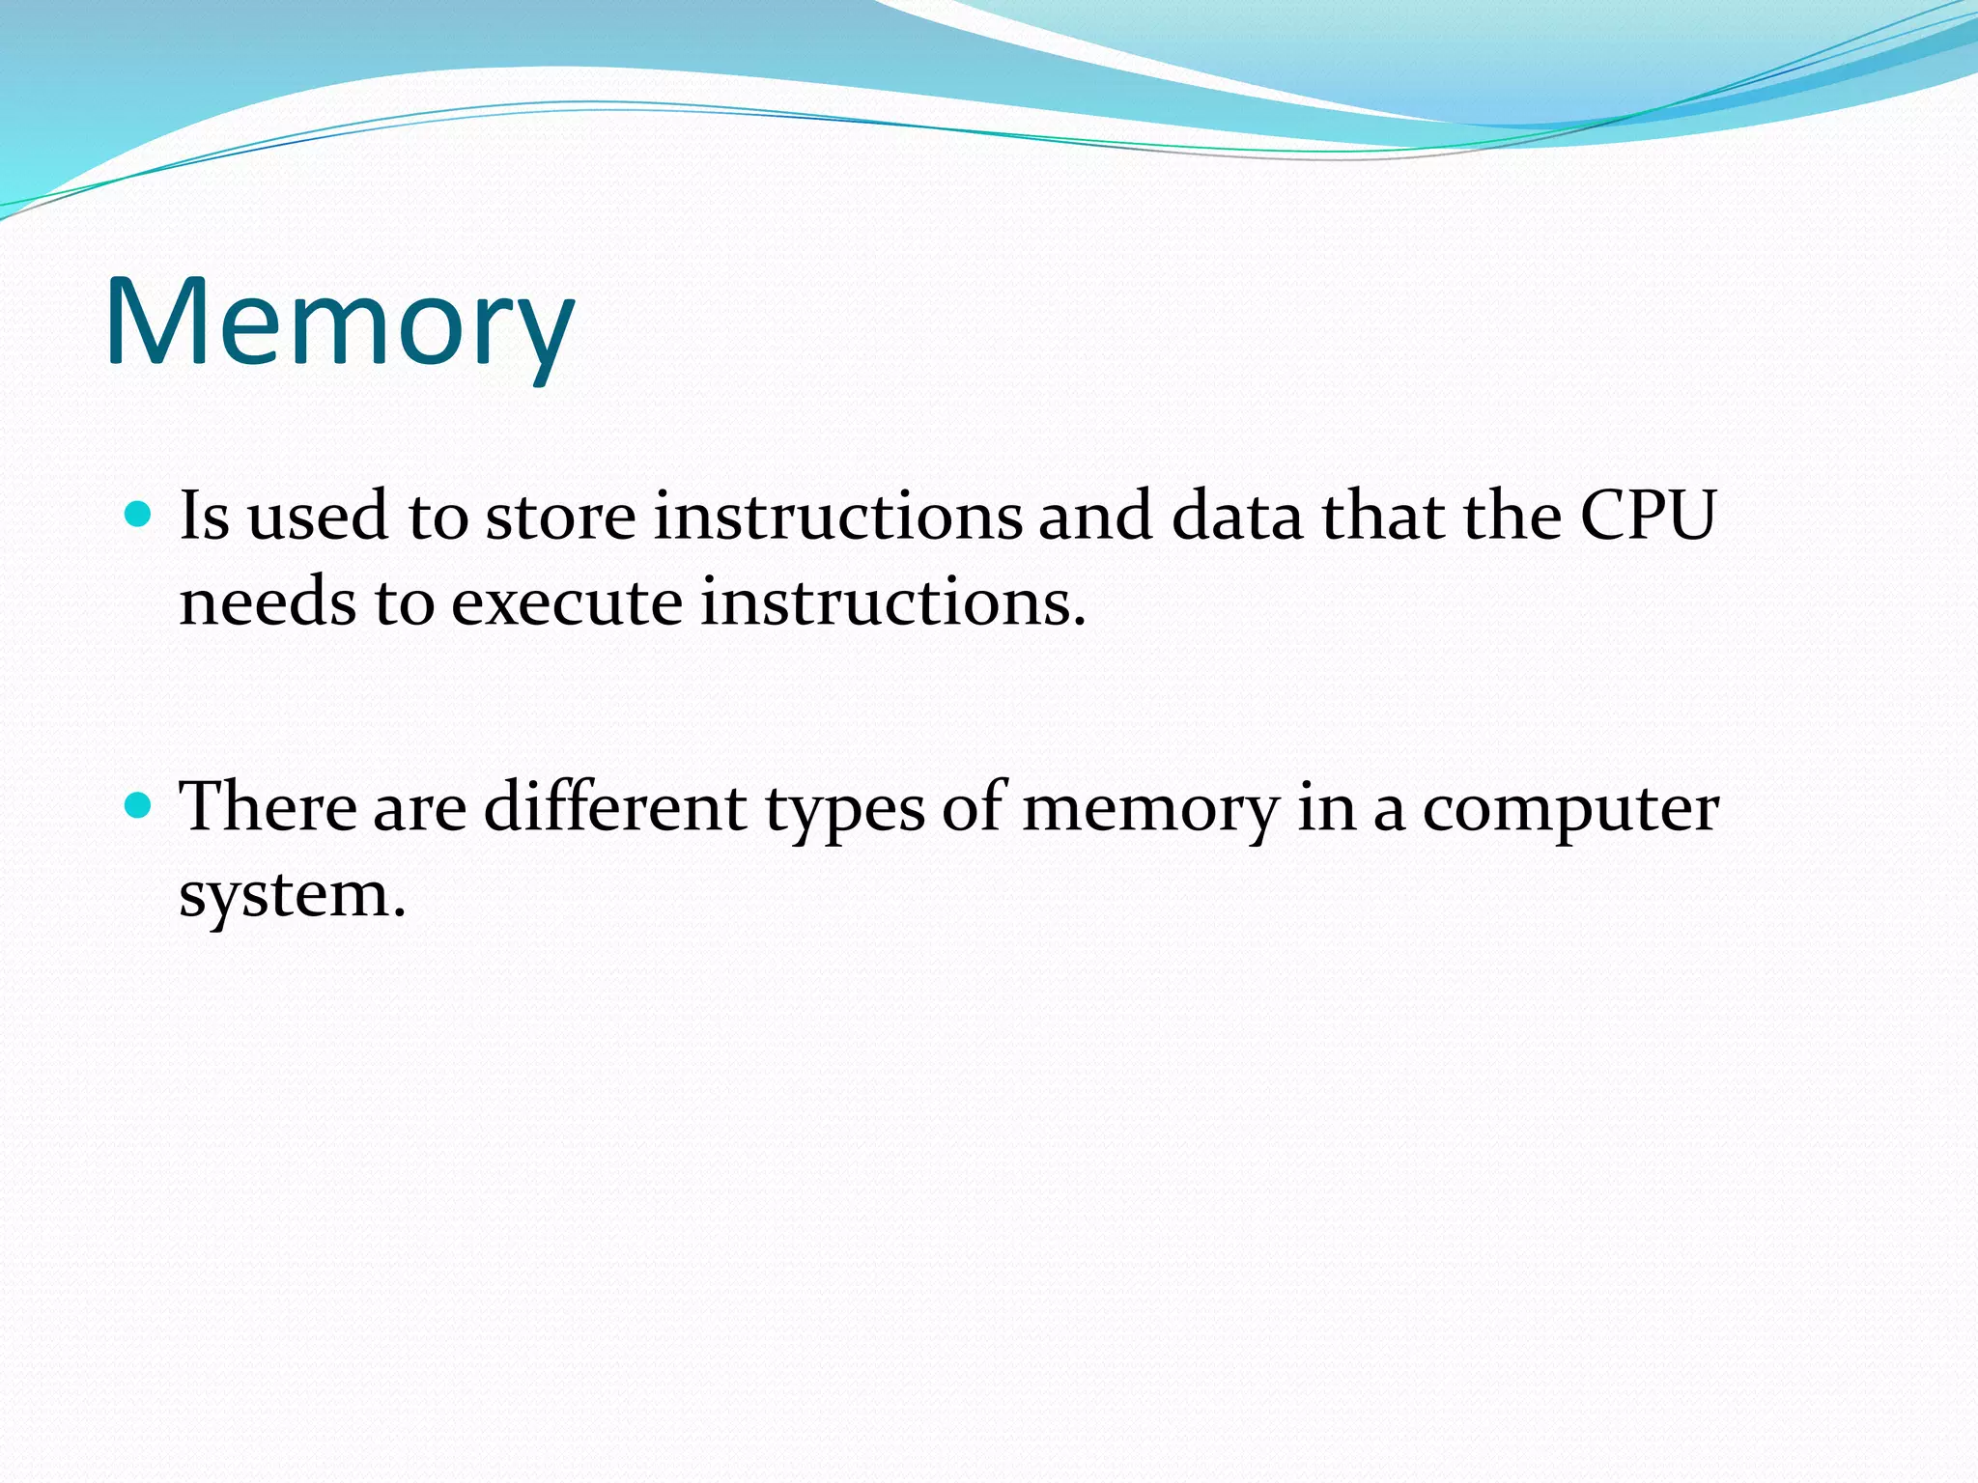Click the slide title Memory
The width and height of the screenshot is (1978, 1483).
tap(340, 323)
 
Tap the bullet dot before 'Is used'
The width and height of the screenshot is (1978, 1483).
tap(139, 515)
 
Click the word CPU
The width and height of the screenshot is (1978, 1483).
tap(1648, 516)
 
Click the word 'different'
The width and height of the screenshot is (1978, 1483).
tap(615, 805)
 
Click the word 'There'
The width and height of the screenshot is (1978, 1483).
tap(268, 805)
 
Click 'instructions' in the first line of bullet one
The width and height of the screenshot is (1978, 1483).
tap(837, 516)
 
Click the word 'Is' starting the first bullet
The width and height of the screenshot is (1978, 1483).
tap(205, 516)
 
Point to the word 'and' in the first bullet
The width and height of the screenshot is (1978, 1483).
tap(1095, 516)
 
